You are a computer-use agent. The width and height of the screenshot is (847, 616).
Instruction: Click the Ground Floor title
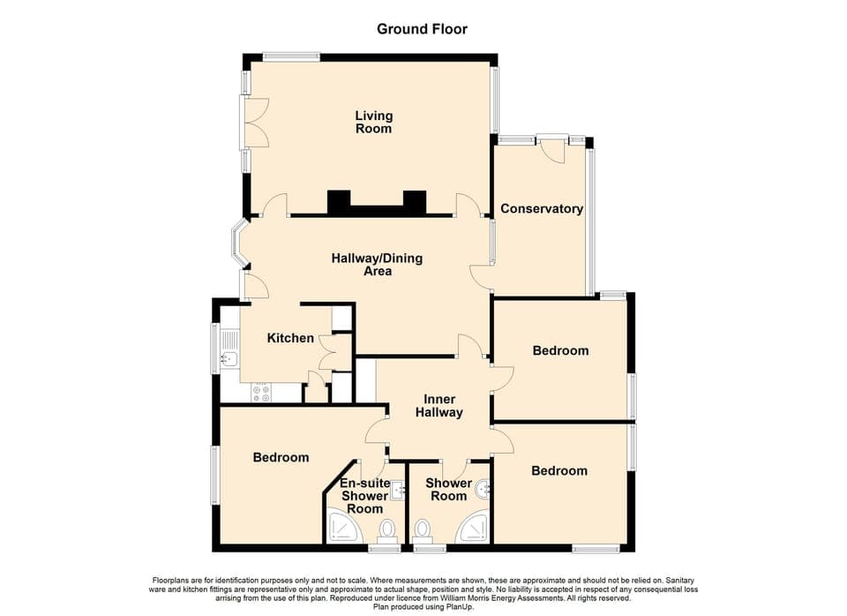tap(422, 29)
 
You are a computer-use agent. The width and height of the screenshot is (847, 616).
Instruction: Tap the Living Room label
tap(373, 122)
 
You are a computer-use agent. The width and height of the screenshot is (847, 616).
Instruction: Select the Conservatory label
tap(541, 209)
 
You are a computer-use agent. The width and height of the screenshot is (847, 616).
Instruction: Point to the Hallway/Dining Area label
tap(377, 265)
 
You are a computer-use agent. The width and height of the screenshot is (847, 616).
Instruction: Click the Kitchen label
tap(290, 338)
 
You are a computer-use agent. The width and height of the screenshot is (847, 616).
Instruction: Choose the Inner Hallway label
tap(439, 405)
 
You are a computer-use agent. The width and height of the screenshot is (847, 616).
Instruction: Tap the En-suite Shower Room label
tap(364, 496)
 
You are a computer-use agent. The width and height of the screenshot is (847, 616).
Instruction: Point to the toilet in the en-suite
tap(386, 530)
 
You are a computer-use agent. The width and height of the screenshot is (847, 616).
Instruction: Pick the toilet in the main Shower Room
tap(423, 530)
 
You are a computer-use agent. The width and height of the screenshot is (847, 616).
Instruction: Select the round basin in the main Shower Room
tap(483, 488)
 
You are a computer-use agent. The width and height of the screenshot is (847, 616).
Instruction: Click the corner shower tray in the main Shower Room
tap(474, 530)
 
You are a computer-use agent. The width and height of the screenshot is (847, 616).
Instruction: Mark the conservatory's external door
tap(553, 147)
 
